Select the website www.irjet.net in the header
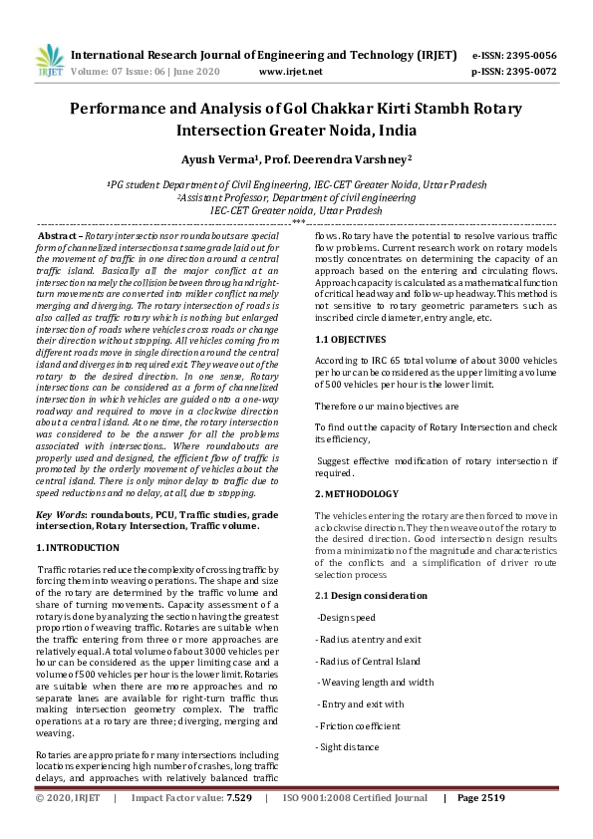coord(290,72)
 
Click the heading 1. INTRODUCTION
coord(78,547)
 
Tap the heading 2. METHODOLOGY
coord(357,493)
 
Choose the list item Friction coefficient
coord(359,725)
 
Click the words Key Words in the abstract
coord(59,513)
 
